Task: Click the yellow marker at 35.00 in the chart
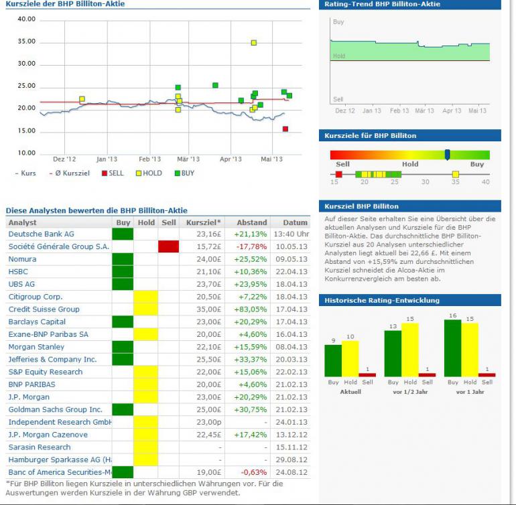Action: point(254,43)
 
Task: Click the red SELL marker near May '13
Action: point(285,129)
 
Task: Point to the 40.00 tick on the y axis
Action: point(27,19)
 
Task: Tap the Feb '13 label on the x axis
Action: point(149,159)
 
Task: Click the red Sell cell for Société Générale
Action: point(168,246)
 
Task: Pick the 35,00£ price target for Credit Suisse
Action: point(208,309)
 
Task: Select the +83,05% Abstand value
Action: point(249,309)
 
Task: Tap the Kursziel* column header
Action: point(203,222)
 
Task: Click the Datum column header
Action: point(295,222)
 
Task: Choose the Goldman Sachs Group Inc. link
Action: point(55,409)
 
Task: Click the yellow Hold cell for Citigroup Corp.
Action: point(146,297)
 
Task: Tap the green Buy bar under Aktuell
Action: point(333,360)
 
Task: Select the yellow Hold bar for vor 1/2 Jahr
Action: point(409,350)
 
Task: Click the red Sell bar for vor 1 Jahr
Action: point(487,375)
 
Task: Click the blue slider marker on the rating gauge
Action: point(447,154)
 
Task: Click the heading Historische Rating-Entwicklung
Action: point(382,300)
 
